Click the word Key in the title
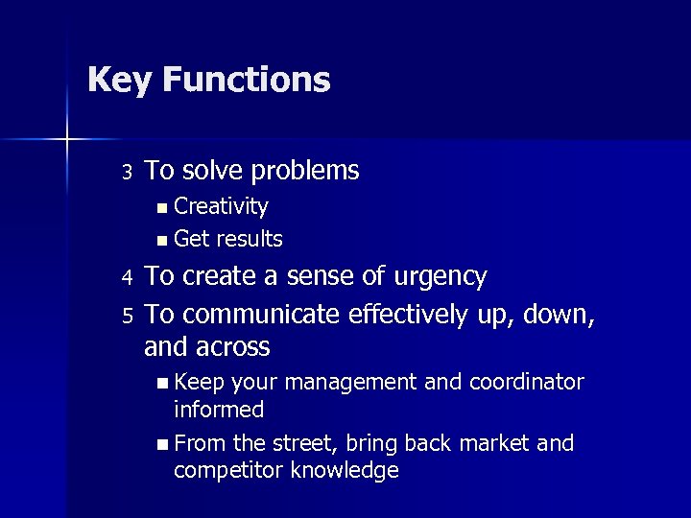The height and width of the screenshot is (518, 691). coord(119,80)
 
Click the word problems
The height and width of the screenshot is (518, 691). coord(304,172)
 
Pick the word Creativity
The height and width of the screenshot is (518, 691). coord(221,206)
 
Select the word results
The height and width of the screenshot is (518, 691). coord(250,239)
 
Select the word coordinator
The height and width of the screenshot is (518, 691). coord(526,383)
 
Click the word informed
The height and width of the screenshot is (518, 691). coord(219,410)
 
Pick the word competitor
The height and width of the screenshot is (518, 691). coord(228,471)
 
